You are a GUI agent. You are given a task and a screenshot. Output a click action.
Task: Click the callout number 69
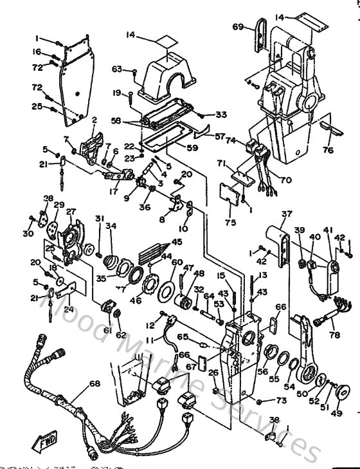[x=237, y=26]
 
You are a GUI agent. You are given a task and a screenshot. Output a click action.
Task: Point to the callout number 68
[x=94, y=384]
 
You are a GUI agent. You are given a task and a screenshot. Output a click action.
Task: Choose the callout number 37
[x=285, y=215]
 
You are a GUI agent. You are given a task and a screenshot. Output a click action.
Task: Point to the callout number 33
[x=203, y=115]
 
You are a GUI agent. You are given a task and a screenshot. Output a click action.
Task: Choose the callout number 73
[x=281, y=400]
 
